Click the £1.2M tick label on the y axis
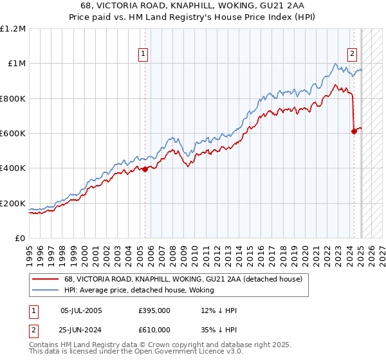click(x=13, y=28)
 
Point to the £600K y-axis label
click(x=13, y=133)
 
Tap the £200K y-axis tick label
click(x=13, y=203)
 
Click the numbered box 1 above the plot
click(x=143, y=54)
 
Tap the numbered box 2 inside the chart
click(x=353, y=54)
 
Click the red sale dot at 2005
click(x=145, y=169)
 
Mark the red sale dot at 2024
click(x=354, y=131)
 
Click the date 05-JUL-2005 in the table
click(x=80, y=310)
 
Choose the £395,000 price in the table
click(x=154, y=310)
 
